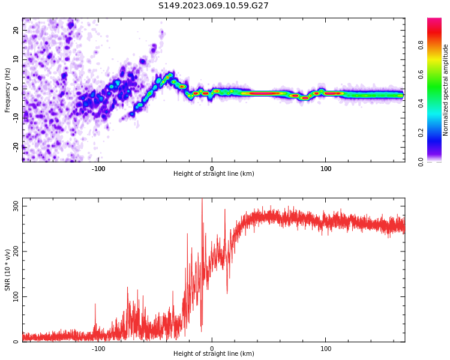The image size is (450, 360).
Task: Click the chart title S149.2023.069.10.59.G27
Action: click(213, 5)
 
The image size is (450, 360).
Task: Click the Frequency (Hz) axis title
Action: click(8, 90)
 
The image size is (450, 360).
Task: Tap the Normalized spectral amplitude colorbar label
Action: click(446, 90)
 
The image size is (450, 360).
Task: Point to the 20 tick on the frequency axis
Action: click(16, 30)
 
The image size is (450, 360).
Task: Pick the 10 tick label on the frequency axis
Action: click(16, 59)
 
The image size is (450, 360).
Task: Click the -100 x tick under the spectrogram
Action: click(98, 169)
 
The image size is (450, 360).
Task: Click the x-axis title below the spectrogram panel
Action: click(214, 174)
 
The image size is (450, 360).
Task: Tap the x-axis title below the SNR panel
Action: click(214, 354)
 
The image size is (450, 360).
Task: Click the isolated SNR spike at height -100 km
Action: click(95, 305)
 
